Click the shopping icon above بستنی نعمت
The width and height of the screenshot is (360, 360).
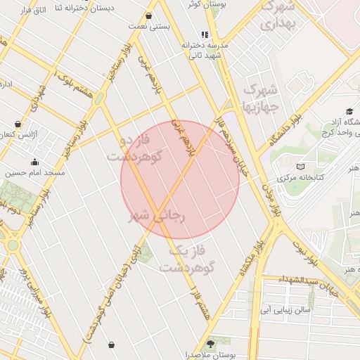148,15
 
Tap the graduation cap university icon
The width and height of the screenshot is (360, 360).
349,112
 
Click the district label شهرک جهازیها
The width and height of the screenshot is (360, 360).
261,98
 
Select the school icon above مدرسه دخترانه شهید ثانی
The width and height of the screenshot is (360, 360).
205,34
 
